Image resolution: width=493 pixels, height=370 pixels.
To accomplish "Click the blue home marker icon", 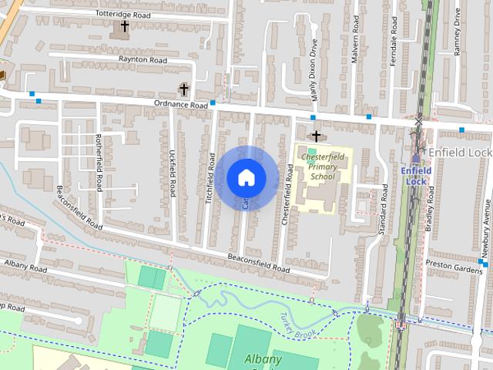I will [x=246, y=178].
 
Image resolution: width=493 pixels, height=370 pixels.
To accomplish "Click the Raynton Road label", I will [x=143, y=59].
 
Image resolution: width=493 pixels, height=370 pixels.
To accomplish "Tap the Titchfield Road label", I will [x=210, y=177].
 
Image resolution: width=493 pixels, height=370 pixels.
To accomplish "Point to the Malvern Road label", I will [x=355, y=45].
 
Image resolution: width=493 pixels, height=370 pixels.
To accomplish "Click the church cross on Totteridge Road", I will [x=124, y=27].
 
